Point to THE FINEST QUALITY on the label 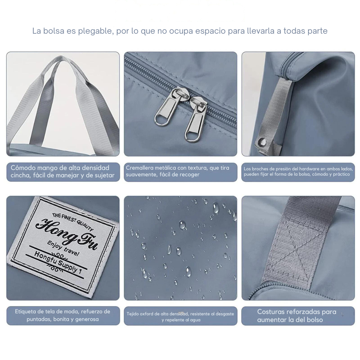(73, 221)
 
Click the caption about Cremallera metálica (177, 171)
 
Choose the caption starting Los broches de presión (298, 172)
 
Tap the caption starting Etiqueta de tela (62, 315)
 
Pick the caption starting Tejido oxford (180, 317)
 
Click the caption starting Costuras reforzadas (296, 316)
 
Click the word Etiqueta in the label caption (25, 312)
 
